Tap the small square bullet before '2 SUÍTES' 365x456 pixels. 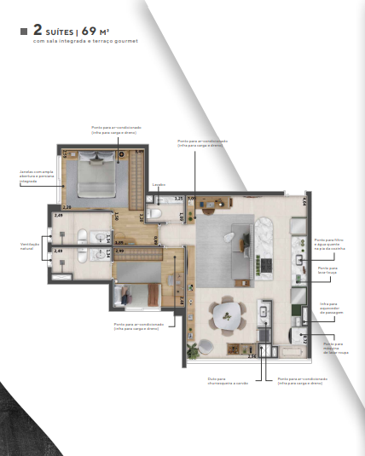click(x=23, y=32)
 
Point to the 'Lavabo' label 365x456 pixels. click(x=158, y=184)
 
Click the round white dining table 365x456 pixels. click(x=227, y=313)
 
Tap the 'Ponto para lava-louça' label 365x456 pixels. click(x=328, y=269)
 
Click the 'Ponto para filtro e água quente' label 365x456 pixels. click(x=329, y=246)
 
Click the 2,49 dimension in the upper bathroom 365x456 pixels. click(x=58, y=216)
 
